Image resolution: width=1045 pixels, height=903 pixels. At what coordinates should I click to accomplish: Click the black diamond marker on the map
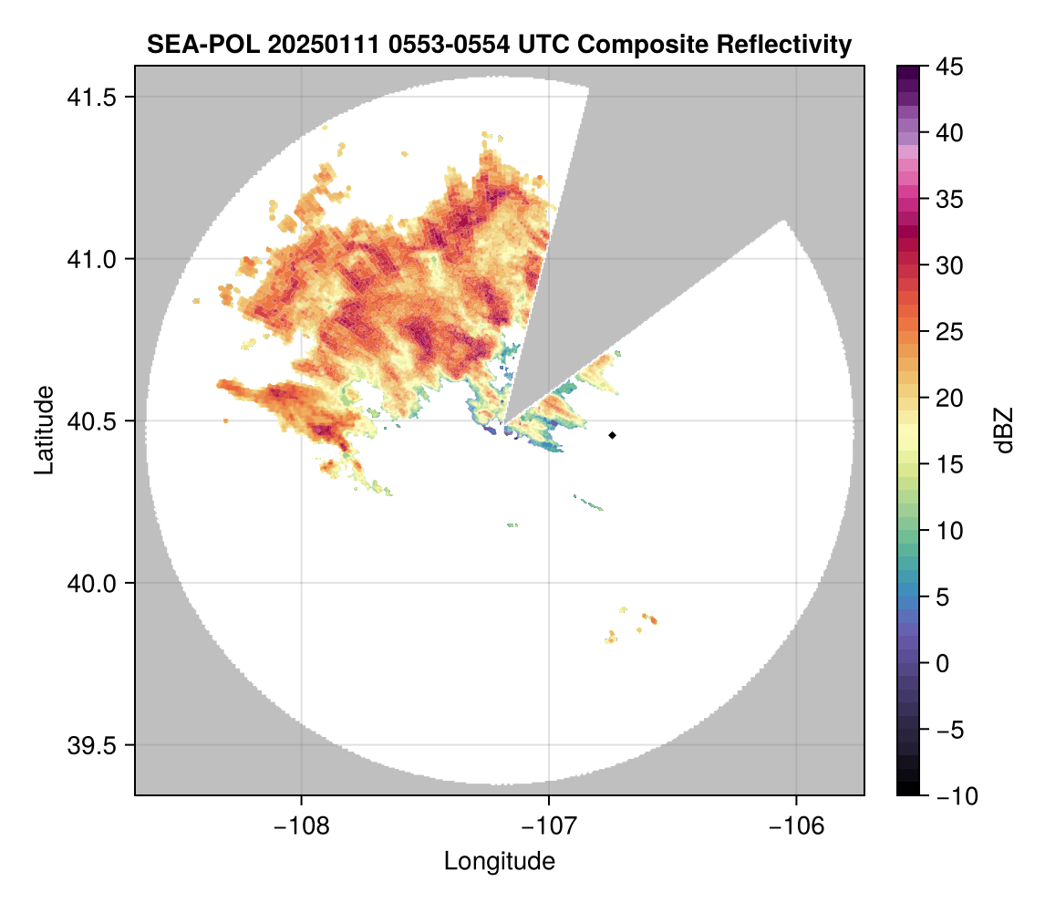pos(612,435)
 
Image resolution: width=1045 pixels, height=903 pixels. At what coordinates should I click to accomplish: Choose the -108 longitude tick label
pos(300,826)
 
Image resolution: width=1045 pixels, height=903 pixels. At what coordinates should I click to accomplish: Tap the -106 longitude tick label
pos(796,826)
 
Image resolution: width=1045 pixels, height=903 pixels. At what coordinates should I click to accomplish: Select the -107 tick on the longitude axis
pos(548,826)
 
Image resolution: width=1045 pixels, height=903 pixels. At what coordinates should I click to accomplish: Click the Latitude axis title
pos(43,429)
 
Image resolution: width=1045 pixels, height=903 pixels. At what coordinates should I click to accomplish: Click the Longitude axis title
pos(499,861)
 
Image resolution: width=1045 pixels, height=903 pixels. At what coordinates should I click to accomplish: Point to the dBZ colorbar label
pos(1004,431)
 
